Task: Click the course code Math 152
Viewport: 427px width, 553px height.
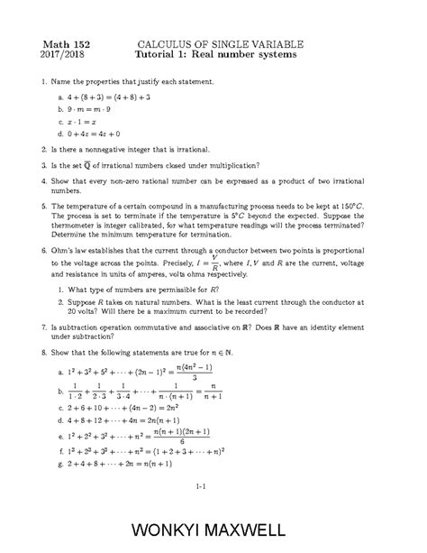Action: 63,42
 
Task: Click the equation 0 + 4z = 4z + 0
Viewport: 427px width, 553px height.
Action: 98,134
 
